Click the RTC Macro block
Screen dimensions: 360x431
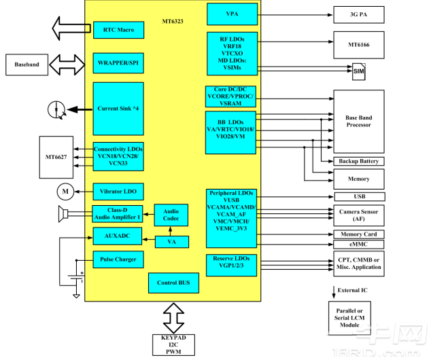tap(118, 30)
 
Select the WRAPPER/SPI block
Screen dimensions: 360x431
tap(118, 63)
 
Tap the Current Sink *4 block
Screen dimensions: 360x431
tap(118, 109)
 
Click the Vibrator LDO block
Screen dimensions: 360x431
tap(118, 192)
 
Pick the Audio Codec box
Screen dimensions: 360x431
tap(171, 215)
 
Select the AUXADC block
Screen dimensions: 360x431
tap(118, 236)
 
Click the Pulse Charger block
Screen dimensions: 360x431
tap(118, 259)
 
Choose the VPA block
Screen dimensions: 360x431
tap(232, 14)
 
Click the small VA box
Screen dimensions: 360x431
tap(171, 241)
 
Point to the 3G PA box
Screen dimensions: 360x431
tap(358, 14)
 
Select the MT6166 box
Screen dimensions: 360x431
tap(358, 45)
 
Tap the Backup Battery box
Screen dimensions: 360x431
tap(358, 161)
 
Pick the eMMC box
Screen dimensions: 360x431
tap(358, 245)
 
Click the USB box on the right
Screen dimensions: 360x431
tap(358, 197)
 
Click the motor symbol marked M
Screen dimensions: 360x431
tap(65, 192)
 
